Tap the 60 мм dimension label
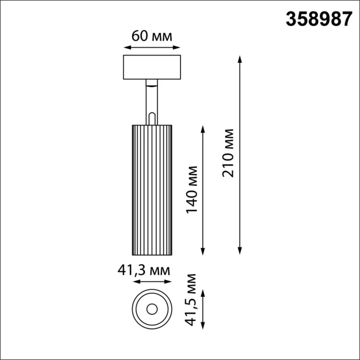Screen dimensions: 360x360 [151, 35]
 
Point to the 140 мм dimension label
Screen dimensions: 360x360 [191, 189]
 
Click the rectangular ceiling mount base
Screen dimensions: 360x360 [152, 67]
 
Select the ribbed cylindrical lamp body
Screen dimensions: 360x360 [152, 189]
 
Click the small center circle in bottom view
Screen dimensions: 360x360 [152, 309]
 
